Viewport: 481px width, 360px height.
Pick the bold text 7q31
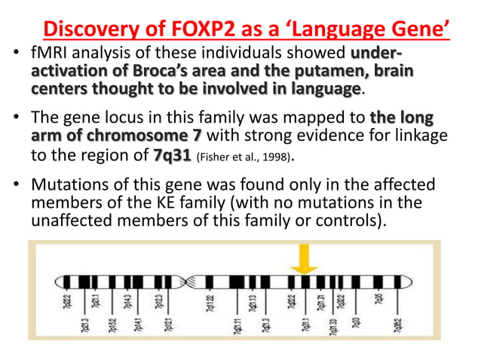tap(171, 157)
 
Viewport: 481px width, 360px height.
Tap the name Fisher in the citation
tap(214, 158)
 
